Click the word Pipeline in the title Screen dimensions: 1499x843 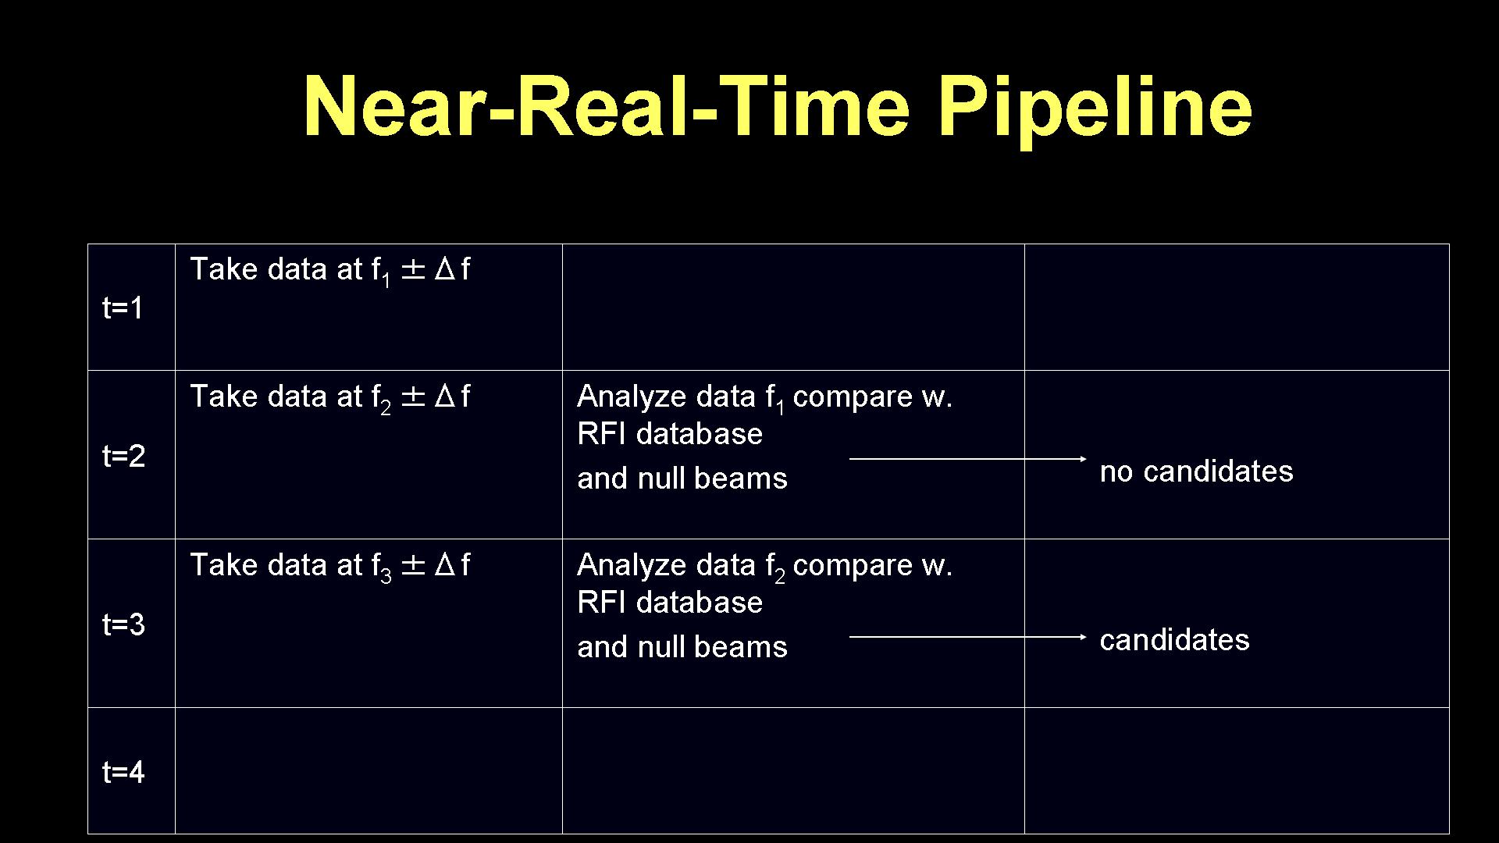coord(1095,108)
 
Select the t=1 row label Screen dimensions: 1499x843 coord(123,308)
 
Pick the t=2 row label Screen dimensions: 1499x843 coord(123,456)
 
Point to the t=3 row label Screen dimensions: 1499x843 coord(123,624)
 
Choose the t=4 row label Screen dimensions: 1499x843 coord(123,772)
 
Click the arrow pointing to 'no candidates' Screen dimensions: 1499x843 coord(968,459)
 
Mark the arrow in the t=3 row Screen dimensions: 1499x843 coord(968,637)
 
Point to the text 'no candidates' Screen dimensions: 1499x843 coord(1196,471)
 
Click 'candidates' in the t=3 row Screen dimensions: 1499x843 coord(1174,640)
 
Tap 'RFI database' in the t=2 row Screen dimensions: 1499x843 coord(670,434)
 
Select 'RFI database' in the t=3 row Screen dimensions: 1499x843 coord(670,603)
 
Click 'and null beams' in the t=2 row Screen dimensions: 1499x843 coord(682,478)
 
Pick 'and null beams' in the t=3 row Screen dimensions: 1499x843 coord(682,647)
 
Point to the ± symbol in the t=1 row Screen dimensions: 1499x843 coord(413,270)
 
